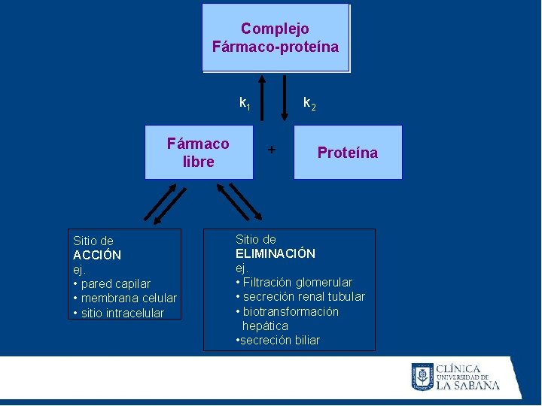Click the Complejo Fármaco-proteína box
click(276, 38)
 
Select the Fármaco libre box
click(199, 153)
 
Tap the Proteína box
click(348, 153)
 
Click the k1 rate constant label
click(245, 102)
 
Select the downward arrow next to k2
click(285, 98)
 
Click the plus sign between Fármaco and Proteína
click(272, 149)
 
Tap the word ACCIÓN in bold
click(97, 255)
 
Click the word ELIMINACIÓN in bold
click(276, 253)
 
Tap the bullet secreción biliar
click(279, 340)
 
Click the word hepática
click(265, 326)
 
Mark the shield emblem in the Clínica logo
click(422, 376)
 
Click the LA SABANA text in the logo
click(468, 386)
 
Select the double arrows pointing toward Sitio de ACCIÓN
click(164, 204)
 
